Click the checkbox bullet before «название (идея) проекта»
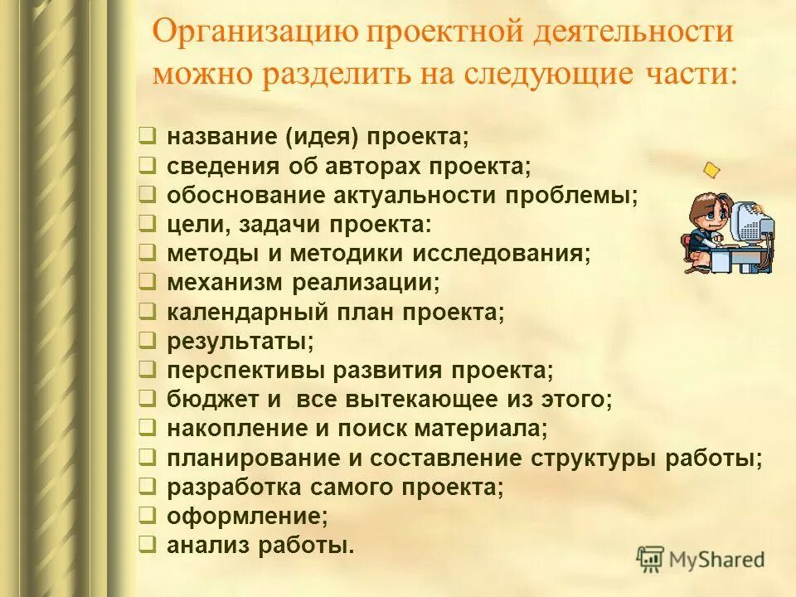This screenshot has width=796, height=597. tap(145, 134)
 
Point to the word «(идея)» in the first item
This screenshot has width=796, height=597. tap(324, 135)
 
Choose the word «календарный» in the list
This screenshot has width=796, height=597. tap(240, 312)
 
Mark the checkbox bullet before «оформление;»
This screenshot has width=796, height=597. tap(145, 515)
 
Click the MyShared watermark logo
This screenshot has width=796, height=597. tap(701, 558)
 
